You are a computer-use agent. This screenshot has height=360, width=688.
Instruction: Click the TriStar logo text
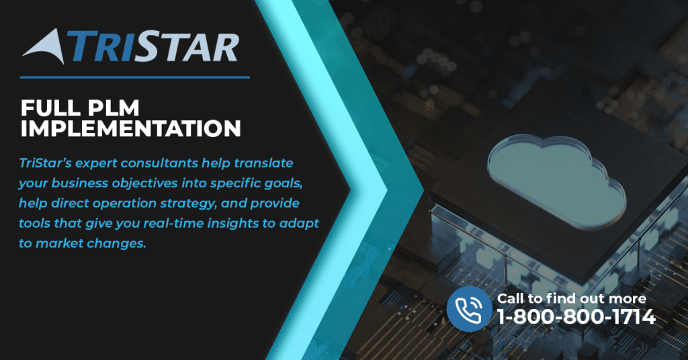[x=156, y=46]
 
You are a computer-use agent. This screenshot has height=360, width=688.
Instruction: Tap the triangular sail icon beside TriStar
[x=46, y=46]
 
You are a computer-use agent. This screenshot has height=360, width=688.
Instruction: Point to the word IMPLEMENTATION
[x=131, y=129]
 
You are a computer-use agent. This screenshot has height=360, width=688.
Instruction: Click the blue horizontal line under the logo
[x=135, y=78]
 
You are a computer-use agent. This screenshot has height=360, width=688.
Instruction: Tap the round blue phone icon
[x=469, y=309]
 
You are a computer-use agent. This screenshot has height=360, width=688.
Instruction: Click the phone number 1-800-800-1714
[x=576, y=316]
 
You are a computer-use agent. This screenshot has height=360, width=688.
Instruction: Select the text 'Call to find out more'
[x=571, y=299]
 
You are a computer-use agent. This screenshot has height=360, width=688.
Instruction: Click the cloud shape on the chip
[x=557, y=177]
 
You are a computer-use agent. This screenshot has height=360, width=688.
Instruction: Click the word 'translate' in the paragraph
[x=263, y=163]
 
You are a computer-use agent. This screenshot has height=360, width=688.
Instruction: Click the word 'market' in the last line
[x=59, y=244]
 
